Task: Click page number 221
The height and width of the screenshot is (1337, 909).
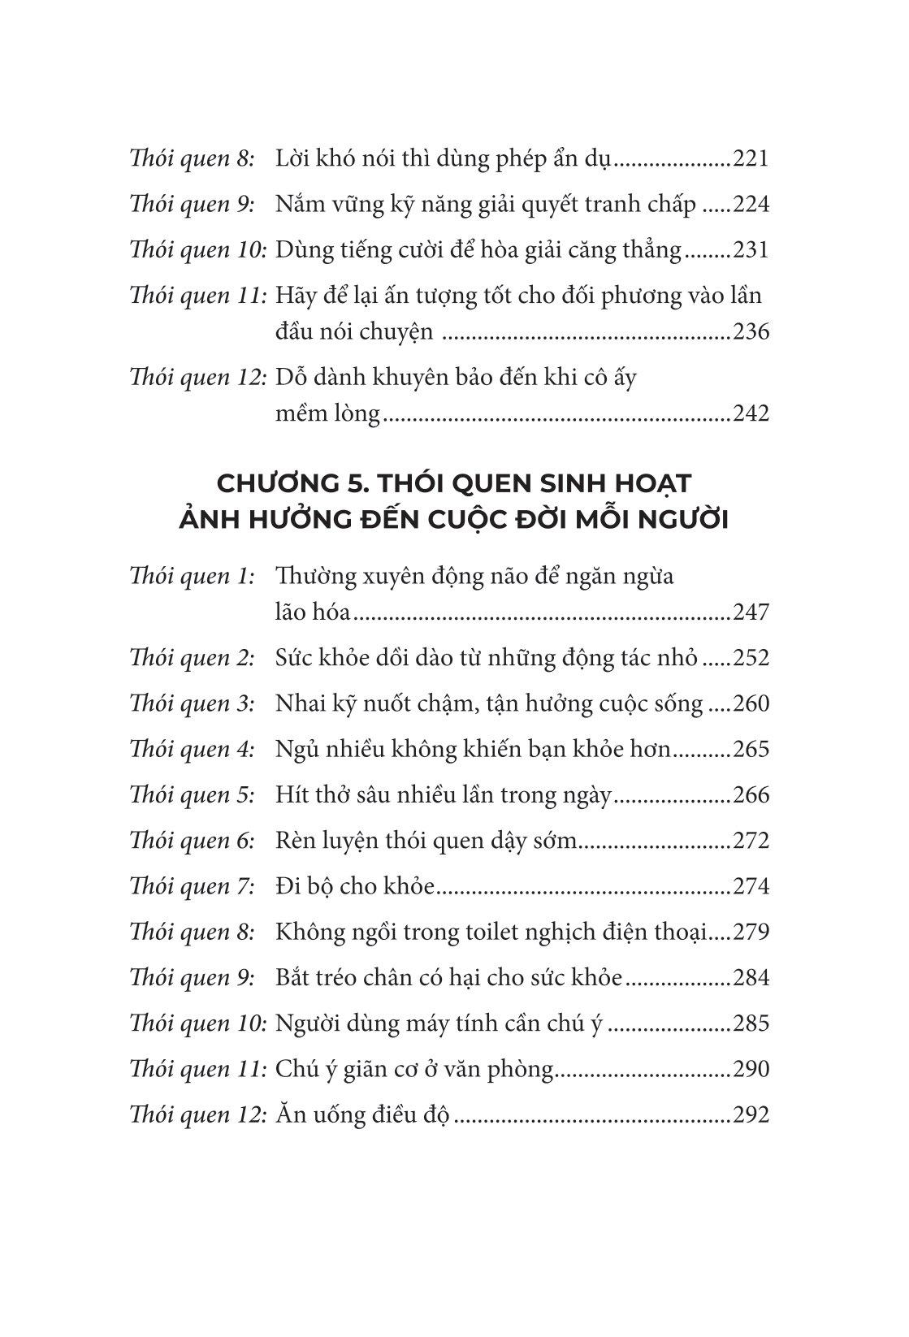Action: pyautogui.click(x=750, y=158)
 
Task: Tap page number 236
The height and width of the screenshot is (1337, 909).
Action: pyautogui.click(x=750, y=332)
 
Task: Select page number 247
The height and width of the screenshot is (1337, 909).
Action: pyautogui.click(x=750, y=612)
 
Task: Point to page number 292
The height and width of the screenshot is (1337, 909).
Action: pyautogui.click(x=750, y=1114)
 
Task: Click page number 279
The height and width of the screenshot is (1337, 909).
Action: pyautogui.click(x=750, y=932)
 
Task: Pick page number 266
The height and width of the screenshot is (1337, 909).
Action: pyautogui.click(x=750, y=795)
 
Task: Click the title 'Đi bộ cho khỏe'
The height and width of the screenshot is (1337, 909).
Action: pyautogui.click(x=356, y=886)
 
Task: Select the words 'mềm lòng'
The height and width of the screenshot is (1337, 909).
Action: pyautogui.click(x=327, y=414)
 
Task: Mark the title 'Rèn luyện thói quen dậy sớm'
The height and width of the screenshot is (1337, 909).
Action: pyautogui.click(x=426, y=841)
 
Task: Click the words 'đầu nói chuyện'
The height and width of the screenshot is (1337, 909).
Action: pyautogui.click(x=354, y=332)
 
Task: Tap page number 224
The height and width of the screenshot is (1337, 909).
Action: pyautogui.click(x=750, y=204)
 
